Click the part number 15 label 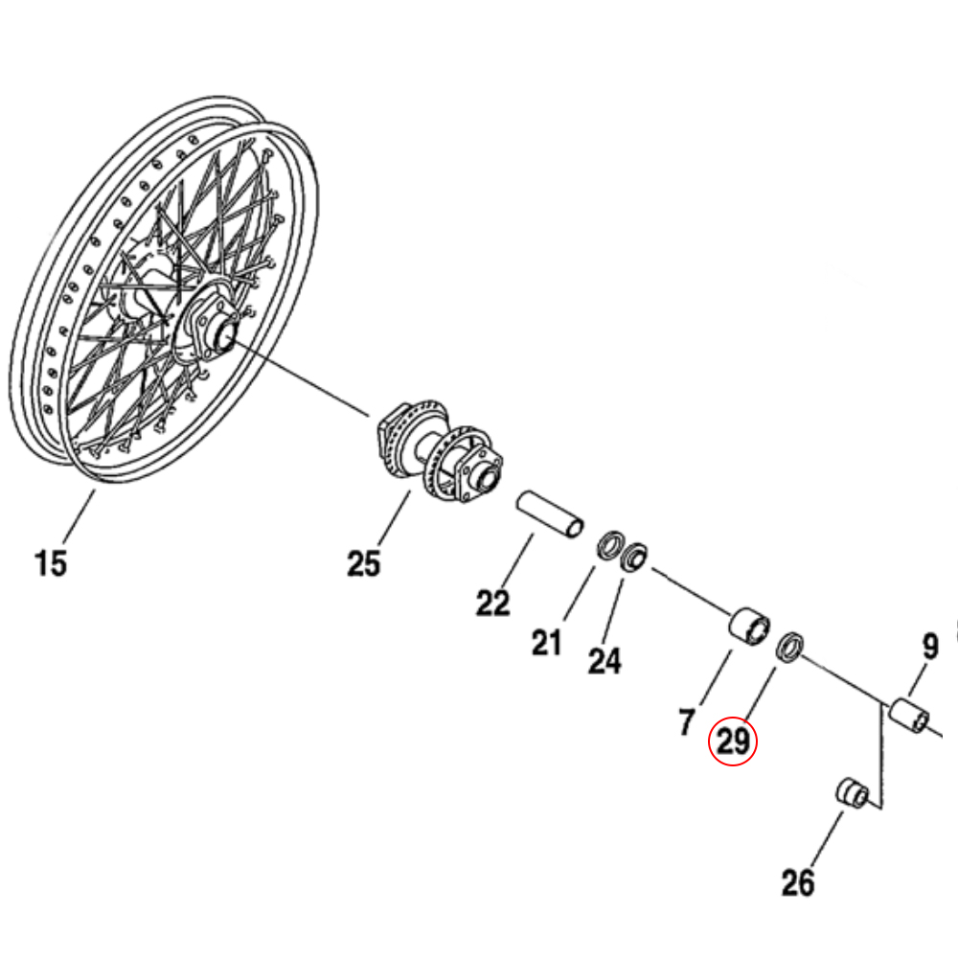pyautogui.click(x=51, y=562)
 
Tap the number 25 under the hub pyautogui.click(x=363, y=563)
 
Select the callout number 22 pyautogui.click(x=493, y=604)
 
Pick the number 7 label pyautogui.click(x=686, y=722)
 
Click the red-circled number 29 pyautogui.click(x=733, y=743)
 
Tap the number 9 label pyautogui.click(x=929, y=649)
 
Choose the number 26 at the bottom pyautogui.click(x=797, y=882)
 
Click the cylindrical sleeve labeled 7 pyautogui.click(x=750, y=627)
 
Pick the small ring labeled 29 pyautogui.click(x=789, y=647)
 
